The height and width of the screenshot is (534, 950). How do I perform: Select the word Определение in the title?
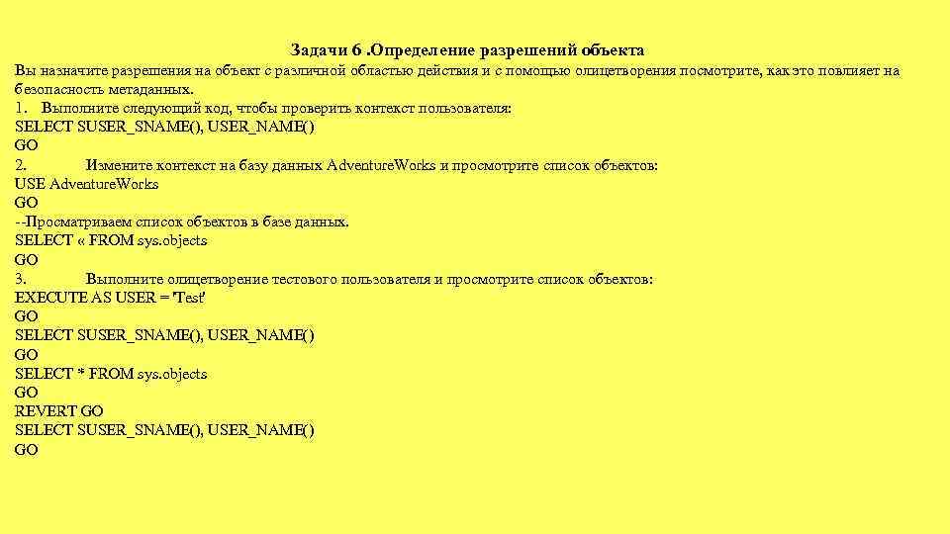click(422, 49)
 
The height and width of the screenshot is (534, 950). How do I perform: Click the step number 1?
click(20, 108)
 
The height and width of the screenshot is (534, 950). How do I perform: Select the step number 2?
click(20, 165)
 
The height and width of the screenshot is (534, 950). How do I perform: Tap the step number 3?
click(20, 279)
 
